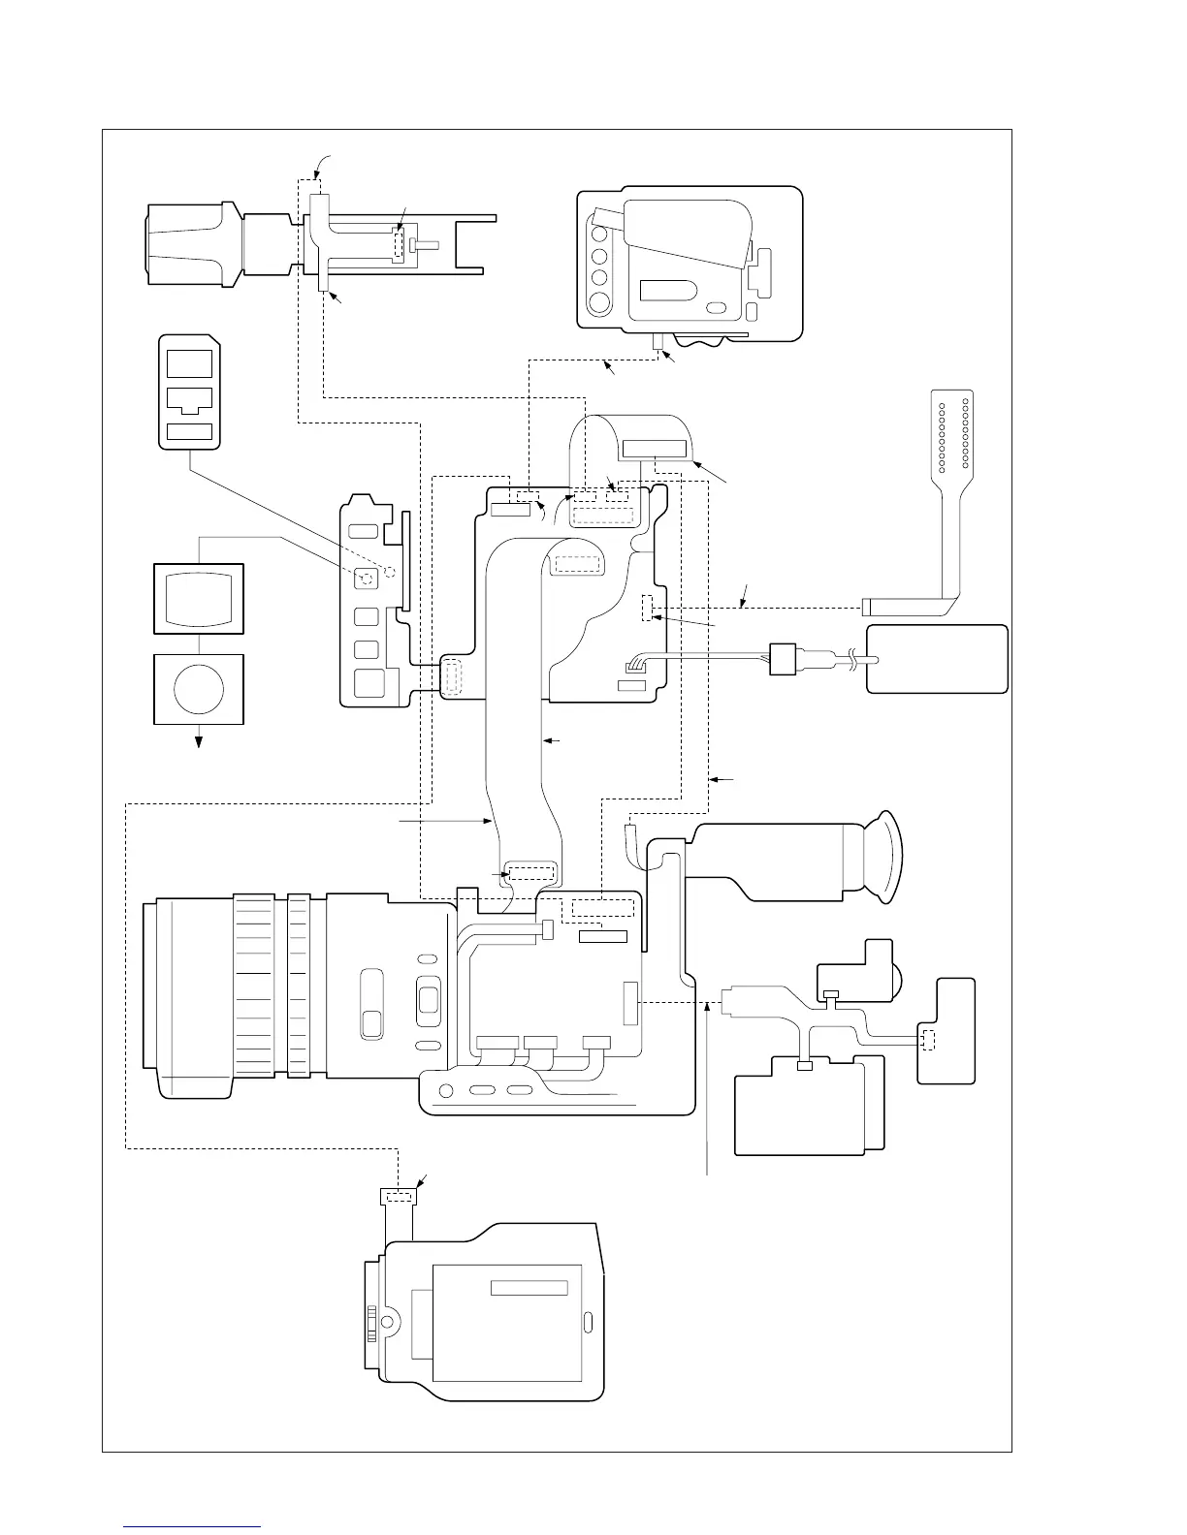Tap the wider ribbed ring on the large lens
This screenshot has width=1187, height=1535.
260,985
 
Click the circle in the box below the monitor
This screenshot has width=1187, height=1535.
199,688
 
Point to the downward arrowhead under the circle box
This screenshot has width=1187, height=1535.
200,742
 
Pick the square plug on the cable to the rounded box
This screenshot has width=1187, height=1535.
782,659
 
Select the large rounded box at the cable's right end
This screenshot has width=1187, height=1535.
937,659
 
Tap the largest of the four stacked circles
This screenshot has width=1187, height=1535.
600,302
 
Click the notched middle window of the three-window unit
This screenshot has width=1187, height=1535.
189,399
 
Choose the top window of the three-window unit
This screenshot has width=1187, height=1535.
189,363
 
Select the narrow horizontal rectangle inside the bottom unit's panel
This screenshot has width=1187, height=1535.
529,1287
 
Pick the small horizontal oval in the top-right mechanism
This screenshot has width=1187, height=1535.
718,307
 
